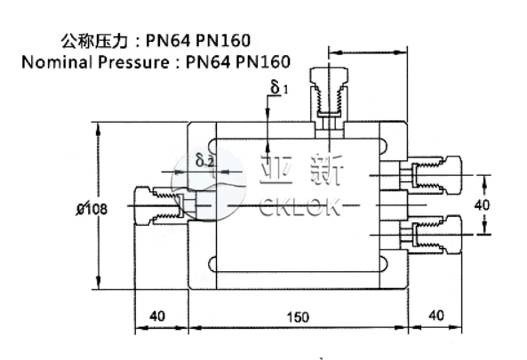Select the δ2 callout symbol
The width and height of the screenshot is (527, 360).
point(204,161)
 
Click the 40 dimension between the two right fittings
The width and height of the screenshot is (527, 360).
point(482,204)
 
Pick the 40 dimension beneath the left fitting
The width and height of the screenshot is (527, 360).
point(157,315)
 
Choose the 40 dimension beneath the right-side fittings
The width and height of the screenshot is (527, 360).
point(435,315)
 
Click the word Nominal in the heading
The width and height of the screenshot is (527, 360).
point(56,62)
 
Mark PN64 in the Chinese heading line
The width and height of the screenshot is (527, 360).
point(166,41)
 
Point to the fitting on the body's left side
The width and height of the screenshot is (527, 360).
point(158,205)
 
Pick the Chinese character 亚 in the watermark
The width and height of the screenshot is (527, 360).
point(273,172)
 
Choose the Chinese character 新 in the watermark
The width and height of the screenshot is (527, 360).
point(331,172)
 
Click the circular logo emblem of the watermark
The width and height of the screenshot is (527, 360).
point(208,183)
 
